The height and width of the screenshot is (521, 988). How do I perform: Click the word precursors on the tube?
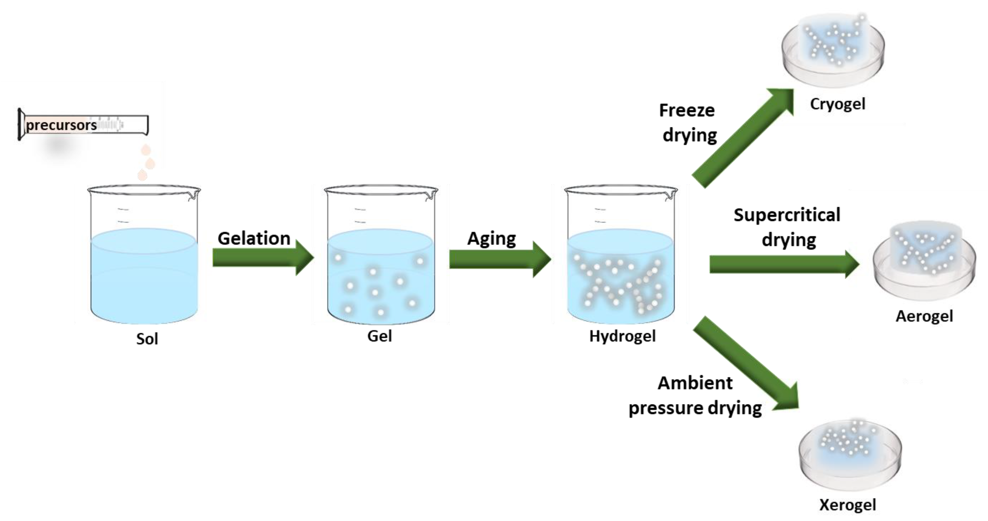61,125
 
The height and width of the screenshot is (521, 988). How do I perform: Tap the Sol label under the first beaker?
147,339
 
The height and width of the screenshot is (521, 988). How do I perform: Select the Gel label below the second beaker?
379,336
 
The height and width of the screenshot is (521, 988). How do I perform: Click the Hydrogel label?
622,336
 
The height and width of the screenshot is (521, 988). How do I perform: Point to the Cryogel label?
838,104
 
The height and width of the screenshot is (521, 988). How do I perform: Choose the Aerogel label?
924,316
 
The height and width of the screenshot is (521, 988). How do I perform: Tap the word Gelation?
254,239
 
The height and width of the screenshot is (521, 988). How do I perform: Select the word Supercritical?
787,215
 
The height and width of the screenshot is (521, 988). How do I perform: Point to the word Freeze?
687,111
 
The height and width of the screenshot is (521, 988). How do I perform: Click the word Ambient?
695,383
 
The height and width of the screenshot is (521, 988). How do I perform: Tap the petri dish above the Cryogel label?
833,52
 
